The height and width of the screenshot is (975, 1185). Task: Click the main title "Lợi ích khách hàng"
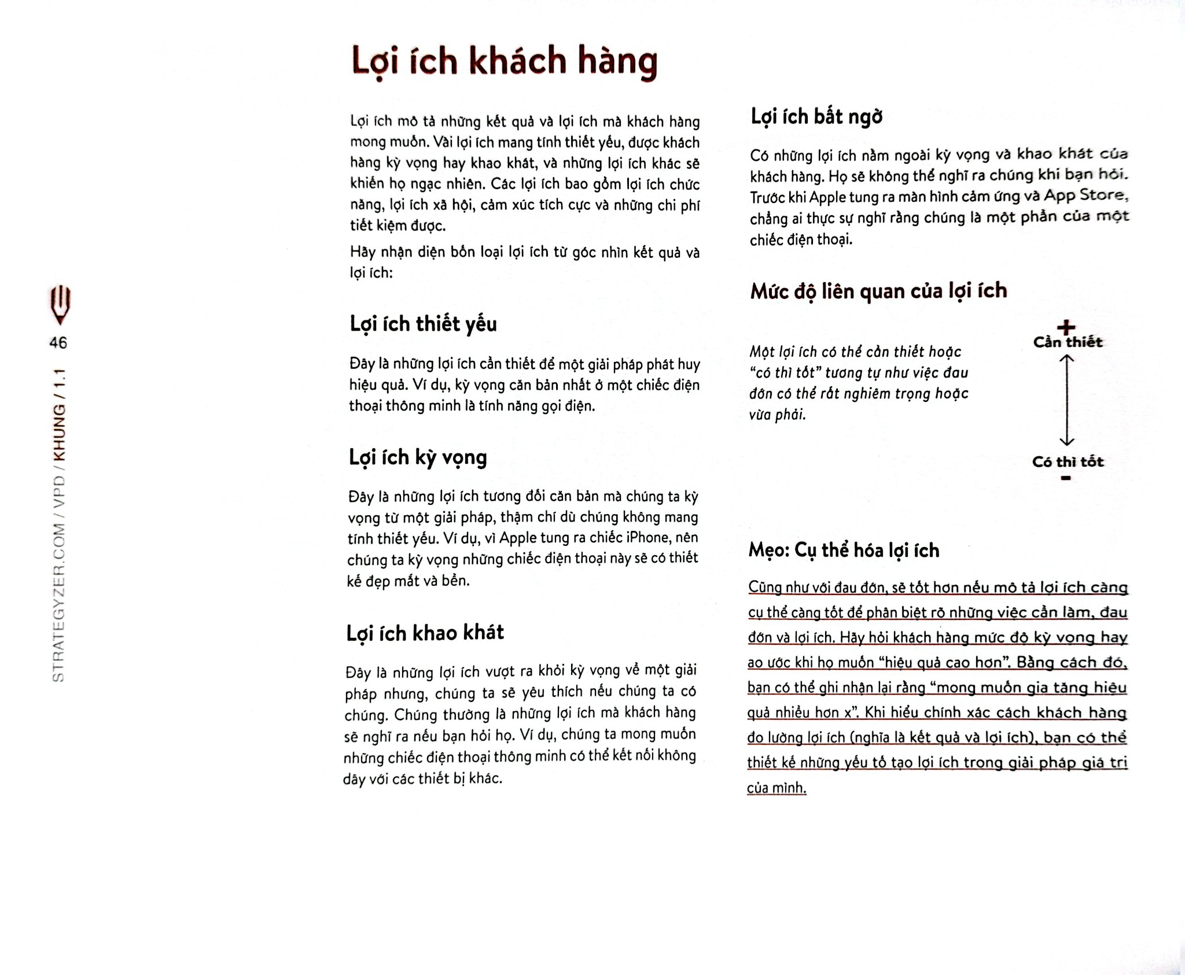point(505,61)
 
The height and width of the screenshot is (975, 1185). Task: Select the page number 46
point(58,343)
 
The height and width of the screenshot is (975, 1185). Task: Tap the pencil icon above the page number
point(60,304)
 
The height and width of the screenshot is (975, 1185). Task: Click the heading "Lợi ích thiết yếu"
point(423,324)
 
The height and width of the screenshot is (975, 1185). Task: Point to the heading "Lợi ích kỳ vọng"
point(417,457)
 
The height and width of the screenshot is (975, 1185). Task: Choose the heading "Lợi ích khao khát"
point(425,633)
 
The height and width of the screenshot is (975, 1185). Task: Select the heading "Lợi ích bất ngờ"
point(816,117)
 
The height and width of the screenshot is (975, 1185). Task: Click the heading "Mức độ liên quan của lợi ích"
point(878,291)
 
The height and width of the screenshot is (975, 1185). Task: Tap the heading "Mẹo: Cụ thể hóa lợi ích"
point(844,550)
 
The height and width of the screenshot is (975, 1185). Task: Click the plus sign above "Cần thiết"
point(1066,328)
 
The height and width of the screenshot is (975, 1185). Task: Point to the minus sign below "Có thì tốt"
point(1066,478)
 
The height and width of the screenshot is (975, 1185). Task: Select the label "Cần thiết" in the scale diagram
point(1068,342)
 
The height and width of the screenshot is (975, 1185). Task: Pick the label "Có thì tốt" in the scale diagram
point(1068,462)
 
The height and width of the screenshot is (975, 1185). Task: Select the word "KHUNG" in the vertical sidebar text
point(59,433)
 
